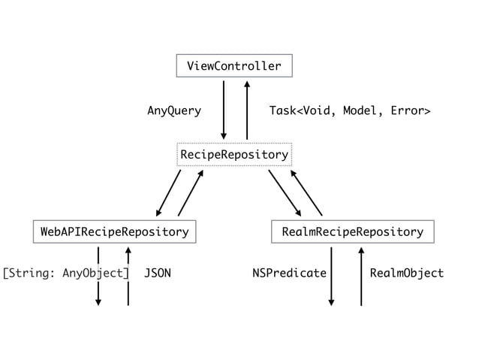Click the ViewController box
pos(233,66)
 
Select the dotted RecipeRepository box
pos(233,155)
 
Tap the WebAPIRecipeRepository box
pos(114,232)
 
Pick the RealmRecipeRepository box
pos(352,232)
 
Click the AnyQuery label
pos(173,111)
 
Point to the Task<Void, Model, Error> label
pos(349,111)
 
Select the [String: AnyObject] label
pos(66,273)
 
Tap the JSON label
pos(158,273)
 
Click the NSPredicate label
pos(289,273)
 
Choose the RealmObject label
pos(407,273)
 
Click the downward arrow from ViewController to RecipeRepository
pos(223,110)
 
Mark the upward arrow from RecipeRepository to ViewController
pos(246,110)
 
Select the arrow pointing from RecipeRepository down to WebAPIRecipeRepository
pos(169,192)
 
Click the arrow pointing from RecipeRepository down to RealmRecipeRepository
pos(285,193)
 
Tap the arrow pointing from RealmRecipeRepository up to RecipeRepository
pos(306,192)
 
